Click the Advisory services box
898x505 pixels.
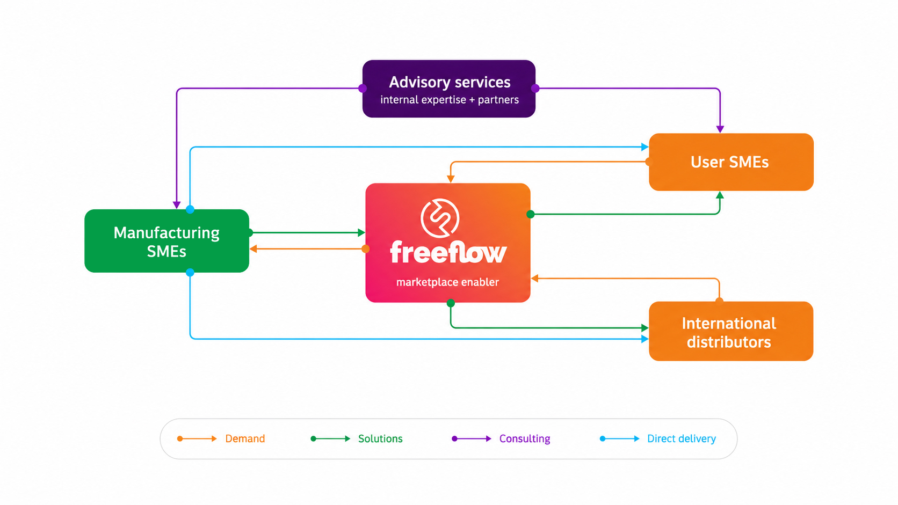[x=448, y=89]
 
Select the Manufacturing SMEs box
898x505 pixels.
[x=167, y=240]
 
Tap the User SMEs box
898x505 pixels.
[x=731, y=162]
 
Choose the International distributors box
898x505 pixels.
[x=731, y=331]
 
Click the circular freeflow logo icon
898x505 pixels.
[x=440, y=218]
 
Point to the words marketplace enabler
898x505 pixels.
[x=447, y=282]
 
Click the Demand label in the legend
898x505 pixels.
[x=245, y=438]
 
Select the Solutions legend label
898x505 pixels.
[x=380, y=438]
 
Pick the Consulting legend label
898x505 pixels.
[x=524, y=439]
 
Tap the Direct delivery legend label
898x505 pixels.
[x=682, y=439]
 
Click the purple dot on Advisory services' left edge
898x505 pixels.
[x=363, y=89]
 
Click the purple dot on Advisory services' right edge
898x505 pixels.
[x=535, y=89]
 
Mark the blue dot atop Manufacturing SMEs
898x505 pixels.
[x=190, y=209]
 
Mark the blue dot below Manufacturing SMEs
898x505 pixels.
[x=190, y=273]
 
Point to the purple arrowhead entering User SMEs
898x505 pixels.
[x=720, y=129]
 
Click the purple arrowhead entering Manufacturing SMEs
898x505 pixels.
[x=176, y=205]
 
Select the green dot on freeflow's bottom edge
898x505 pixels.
[x=451, y=303]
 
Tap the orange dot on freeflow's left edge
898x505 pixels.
[x=366, y=249]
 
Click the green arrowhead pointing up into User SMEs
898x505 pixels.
[x=720, y=195]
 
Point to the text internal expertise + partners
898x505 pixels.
[x=450, y=100]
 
